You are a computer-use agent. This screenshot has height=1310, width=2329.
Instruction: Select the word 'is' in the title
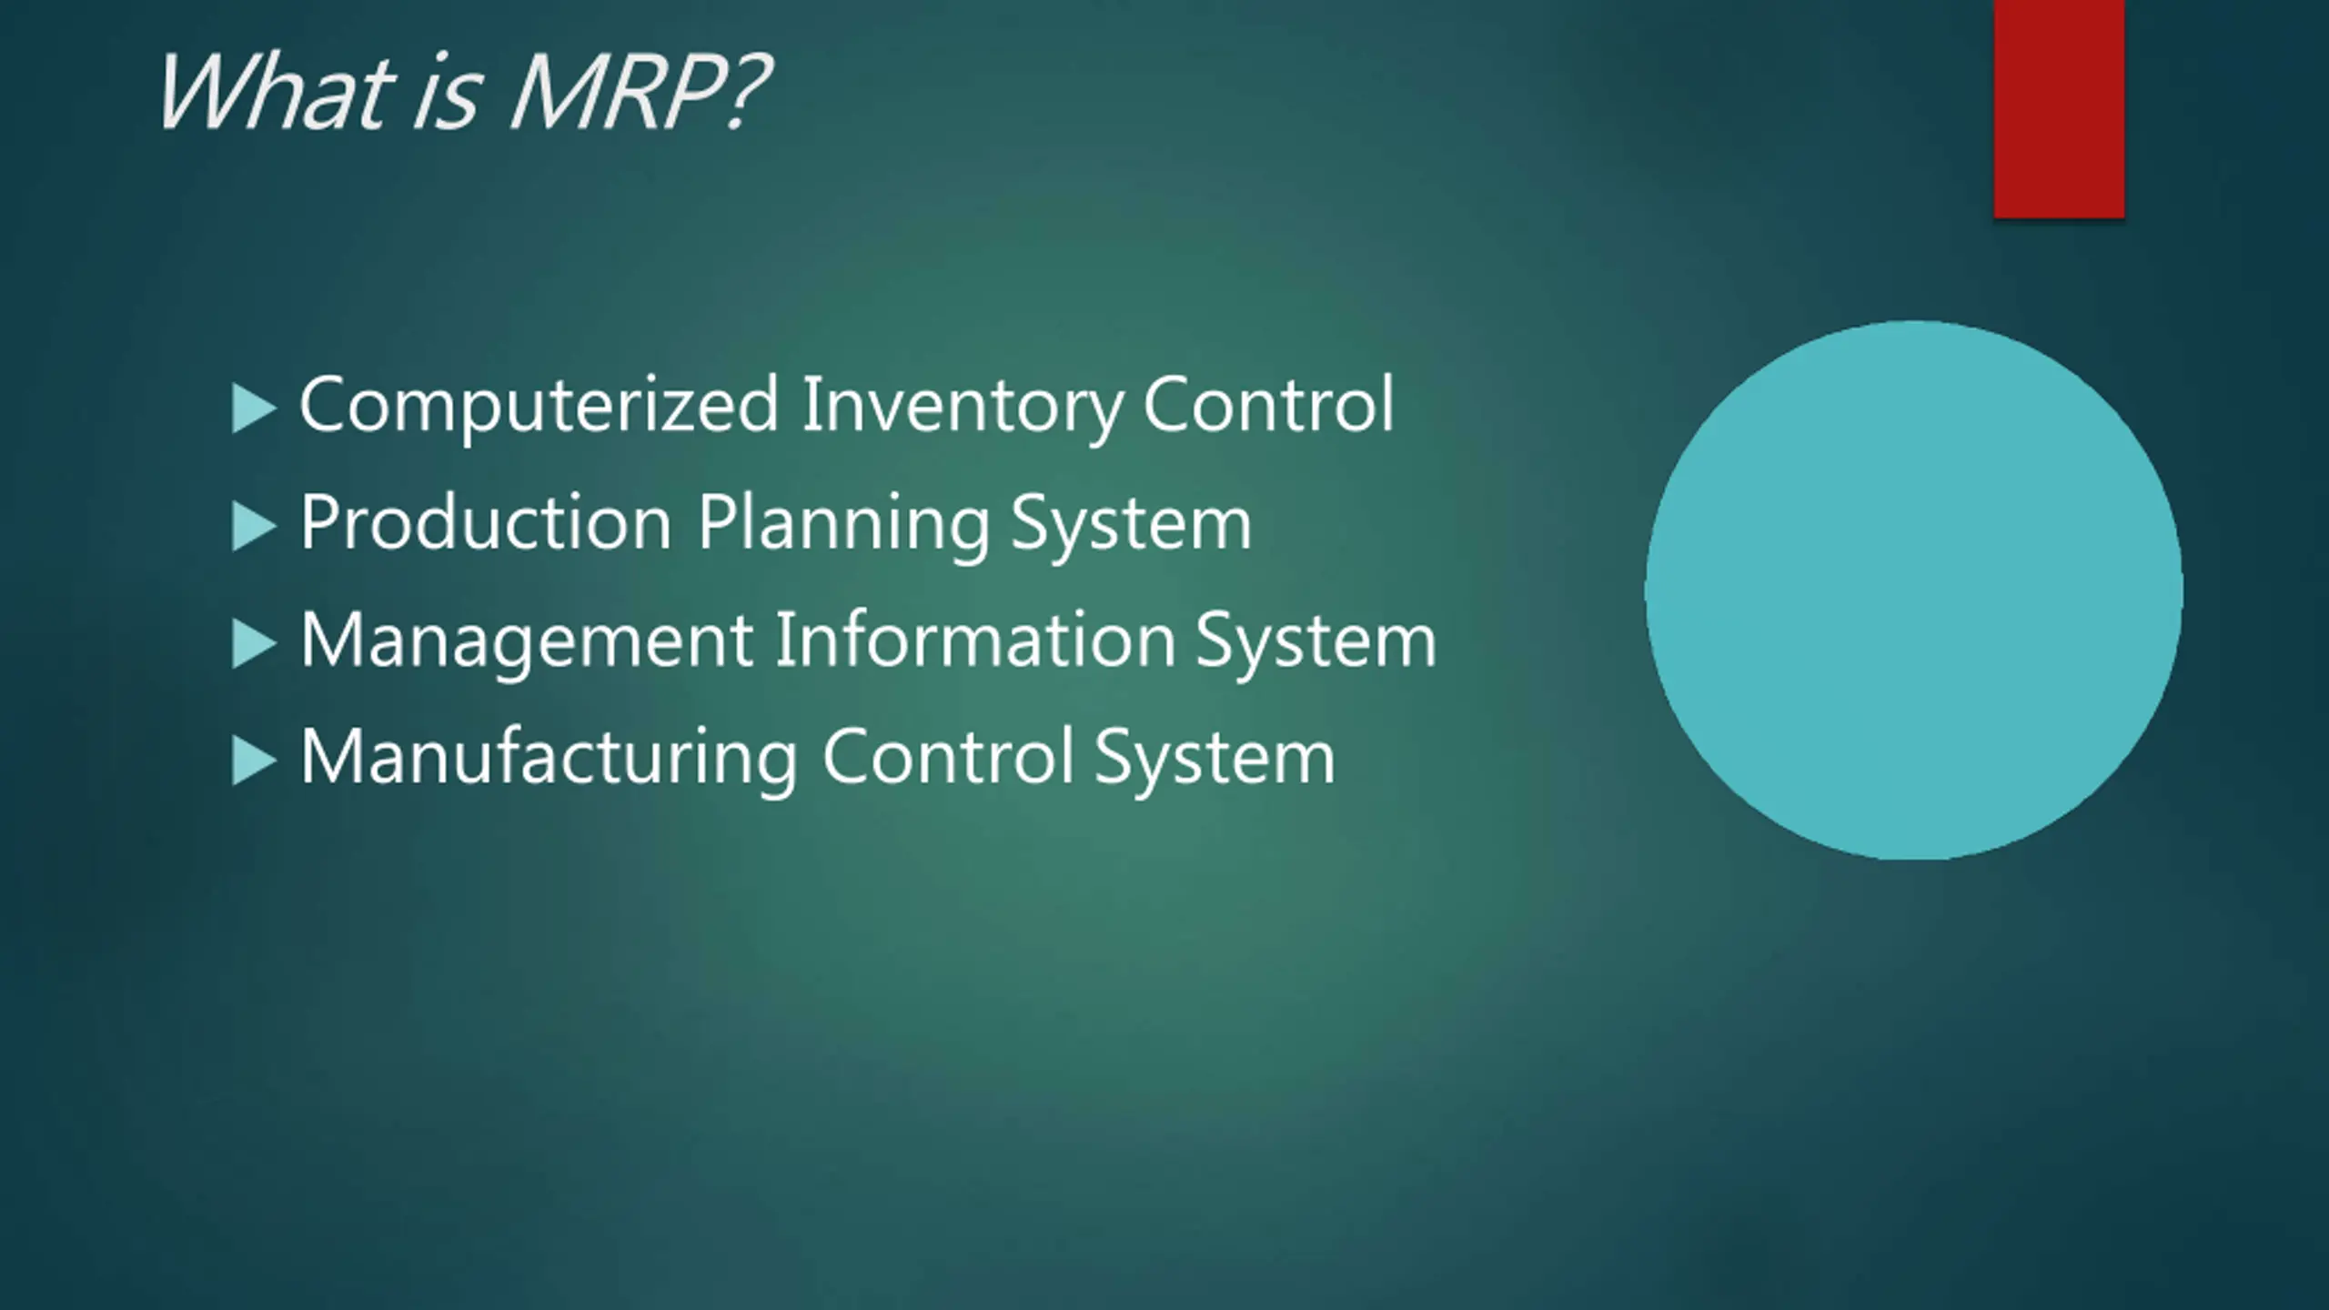[x=446, y=95]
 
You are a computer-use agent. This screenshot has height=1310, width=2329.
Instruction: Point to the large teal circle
[x=1913, y=589]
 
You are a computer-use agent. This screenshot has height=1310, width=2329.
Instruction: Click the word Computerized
[x=539, y=406]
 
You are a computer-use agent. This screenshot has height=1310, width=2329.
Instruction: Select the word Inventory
[x=962, y=406]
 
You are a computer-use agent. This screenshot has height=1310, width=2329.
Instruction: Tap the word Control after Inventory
[x=1267, y=404]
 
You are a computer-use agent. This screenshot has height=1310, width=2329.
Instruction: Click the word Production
[x=486, y=522]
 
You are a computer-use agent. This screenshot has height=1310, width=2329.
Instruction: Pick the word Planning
[x=843, y=524]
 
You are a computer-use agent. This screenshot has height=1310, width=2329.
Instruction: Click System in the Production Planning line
[x=1131, y=524]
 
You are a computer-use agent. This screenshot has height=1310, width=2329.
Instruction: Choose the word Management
[x=527, y=640]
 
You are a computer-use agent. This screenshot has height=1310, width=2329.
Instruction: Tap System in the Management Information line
[x=1316, y=640]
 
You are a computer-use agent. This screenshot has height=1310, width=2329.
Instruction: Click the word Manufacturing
[x=549, y=757]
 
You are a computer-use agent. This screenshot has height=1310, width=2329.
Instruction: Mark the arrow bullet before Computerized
[x=253, y=408]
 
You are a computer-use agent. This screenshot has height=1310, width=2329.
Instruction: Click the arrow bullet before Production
[x=253, y=527]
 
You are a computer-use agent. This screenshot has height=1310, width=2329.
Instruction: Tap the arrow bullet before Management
[x=253, y=643]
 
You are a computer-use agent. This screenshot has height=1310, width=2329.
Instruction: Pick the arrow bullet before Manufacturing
[x=253, y=760]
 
